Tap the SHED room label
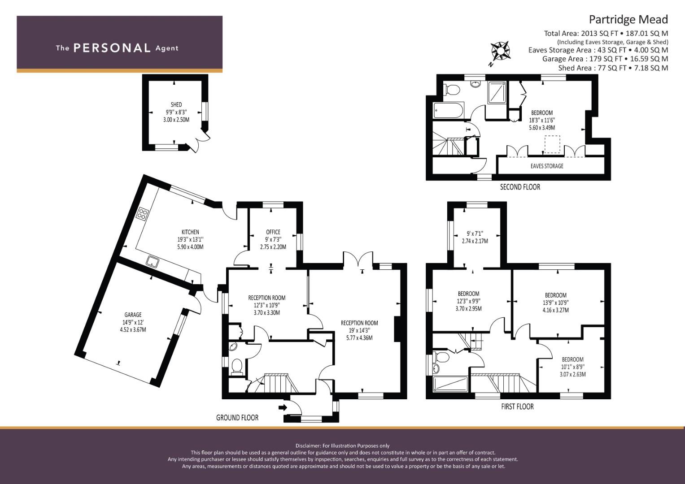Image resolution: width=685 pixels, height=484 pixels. [x=176, y=104]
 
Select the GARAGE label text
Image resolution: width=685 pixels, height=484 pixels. [x=133, y=315]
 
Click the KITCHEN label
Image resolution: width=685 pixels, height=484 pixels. [x=190, y=232]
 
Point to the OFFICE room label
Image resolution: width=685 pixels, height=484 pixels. [x=273, y=232]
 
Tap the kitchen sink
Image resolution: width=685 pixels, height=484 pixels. [x=152, y=262]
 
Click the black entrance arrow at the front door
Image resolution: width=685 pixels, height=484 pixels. [x=283, y=407]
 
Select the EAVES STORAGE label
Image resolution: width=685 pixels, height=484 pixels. [x=547, y=166]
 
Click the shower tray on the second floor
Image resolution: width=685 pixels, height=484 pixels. [x=497, y=92]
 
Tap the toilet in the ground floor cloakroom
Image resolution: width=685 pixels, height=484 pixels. [x=237, y=367]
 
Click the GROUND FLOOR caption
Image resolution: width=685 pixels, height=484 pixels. [x=237, y=417]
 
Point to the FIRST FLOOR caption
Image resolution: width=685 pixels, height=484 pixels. [x=517, y=406]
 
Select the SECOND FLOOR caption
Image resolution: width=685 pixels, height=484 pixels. [x=520, y=187]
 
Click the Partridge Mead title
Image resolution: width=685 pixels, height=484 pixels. [x=628, y=20]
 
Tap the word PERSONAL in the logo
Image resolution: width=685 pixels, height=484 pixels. [x=112, y=48]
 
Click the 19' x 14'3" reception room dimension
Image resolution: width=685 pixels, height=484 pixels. [x=359, y=330]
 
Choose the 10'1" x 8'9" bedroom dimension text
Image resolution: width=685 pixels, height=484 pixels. [x=572, y=367]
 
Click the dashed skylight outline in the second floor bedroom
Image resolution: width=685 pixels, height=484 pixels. [x=552, y=144]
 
